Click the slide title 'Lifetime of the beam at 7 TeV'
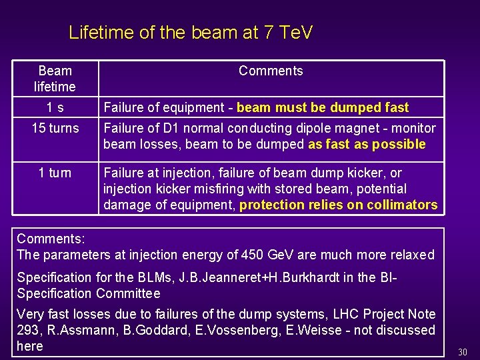point(190,32)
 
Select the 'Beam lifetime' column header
point(55,79)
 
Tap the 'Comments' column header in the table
point(271,71)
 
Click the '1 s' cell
point(55,107)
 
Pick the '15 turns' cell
point(55,128)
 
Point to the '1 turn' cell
point(55,173)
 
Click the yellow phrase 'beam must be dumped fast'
point(323,107)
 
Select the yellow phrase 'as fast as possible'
point(367,144)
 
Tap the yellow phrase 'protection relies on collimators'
point(338,205)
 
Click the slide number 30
point(463,351)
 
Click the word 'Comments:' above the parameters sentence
point(45,239)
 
